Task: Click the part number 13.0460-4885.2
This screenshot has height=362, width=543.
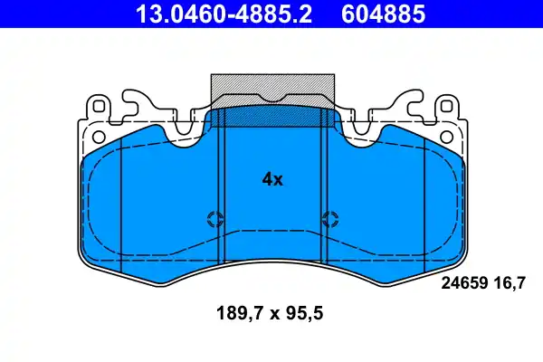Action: [215, 14]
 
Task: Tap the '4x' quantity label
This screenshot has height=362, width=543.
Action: [272, 179]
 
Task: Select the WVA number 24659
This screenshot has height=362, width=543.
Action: [462, 283]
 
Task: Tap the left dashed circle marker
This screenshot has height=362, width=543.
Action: [215, 218]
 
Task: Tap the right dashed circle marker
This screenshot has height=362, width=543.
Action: [329, 218]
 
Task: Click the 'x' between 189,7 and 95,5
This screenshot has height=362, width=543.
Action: [269, 314]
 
